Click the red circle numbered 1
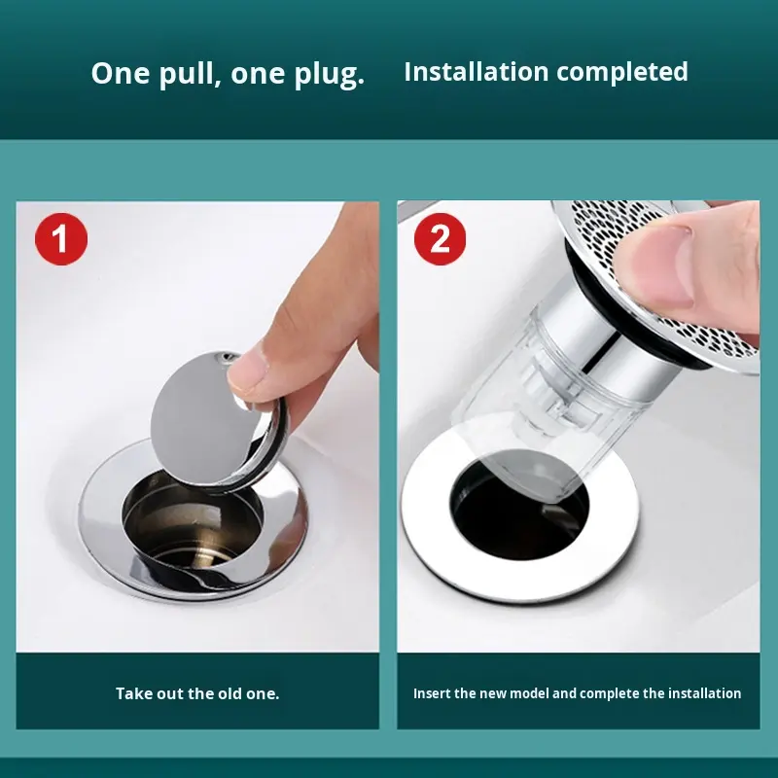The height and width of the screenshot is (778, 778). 61,238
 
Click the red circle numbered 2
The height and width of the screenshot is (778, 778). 441,238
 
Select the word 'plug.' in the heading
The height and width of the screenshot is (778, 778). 330,75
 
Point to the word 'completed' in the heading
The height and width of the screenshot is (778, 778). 622,72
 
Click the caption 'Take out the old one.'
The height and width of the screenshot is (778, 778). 197,693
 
